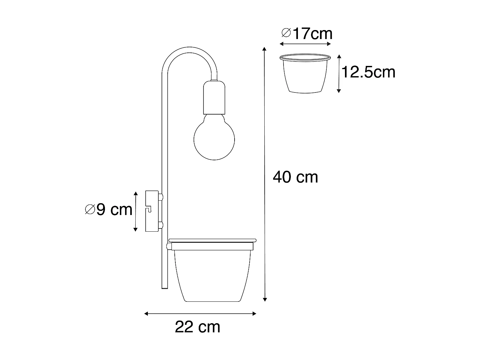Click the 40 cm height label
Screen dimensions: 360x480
coord(295,177)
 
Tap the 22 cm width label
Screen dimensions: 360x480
coord(197,327)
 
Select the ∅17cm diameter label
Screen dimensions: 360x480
coord(307,33)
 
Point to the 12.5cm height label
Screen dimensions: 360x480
coord(369,72)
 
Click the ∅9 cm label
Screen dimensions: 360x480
coord(109,210)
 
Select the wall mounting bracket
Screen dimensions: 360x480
coord(152,211)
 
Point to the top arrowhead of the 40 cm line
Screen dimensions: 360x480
coord(264,49)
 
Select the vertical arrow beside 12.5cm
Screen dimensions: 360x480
coord(339,74)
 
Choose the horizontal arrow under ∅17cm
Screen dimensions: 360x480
coord(305,44)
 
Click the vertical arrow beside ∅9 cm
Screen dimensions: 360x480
coord(136,212)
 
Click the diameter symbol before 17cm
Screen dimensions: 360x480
coord(286,33)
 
